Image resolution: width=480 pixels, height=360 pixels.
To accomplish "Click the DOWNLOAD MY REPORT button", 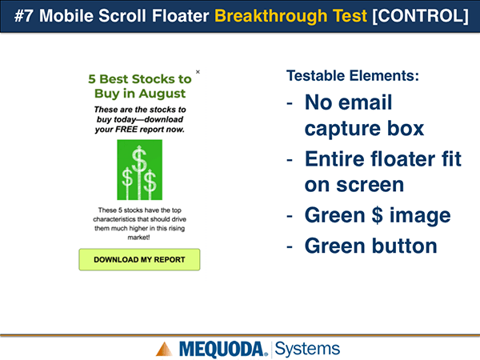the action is [x=139, y=259].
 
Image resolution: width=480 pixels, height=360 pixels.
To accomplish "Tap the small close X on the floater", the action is [x=198, y=72].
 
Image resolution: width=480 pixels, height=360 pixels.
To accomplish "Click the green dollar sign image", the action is [x=139, y=170].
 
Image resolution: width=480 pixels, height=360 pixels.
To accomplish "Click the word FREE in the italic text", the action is [x=126, y=130].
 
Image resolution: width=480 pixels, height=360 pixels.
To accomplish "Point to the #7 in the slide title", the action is [x=23, y=16].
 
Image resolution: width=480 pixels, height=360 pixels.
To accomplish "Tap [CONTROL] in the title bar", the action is [x=420, y=16].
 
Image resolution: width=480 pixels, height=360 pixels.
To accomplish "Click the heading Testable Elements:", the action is [x=353, y=76].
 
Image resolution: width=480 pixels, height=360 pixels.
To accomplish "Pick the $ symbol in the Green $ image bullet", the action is [x=377, y=215].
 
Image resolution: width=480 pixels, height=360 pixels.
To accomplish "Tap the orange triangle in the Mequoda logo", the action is [x=164, y=349].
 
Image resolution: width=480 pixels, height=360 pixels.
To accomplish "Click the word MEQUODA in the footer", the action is [x=221, y=350].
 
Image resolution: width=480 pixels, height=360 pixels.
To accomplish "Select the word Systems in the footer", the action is [x=307, y=349].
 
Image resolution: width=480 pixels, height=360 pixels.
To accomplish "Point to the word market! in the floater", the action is [x=138, y=238].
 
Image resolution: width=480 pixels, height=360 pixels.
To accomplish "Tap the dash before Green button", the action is [x=290, y=246].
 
